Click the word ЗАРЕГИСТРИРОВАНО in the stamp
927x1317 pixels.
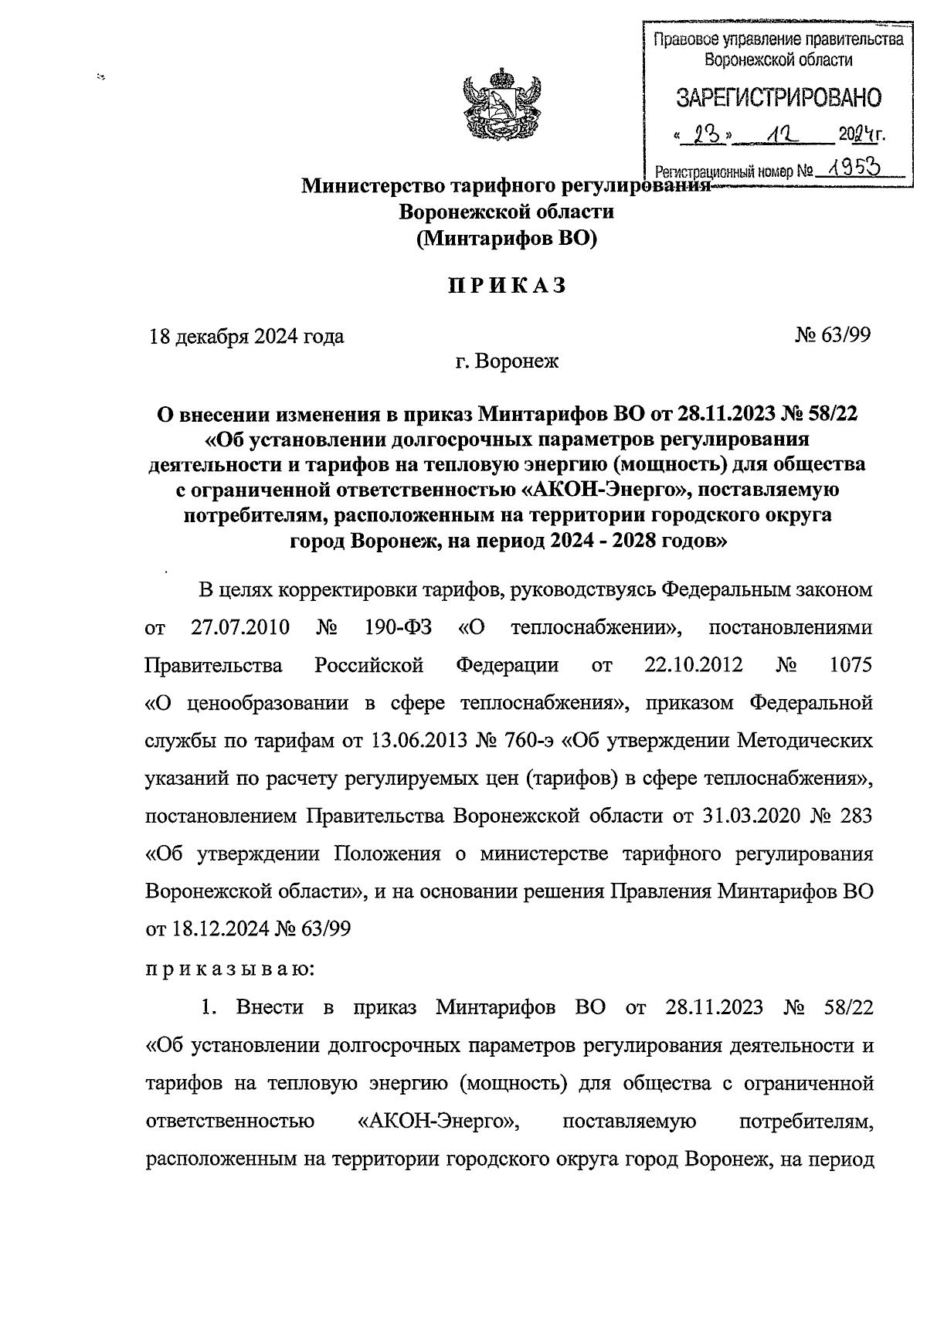778,98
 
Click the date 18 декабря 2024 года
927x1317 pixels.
246,337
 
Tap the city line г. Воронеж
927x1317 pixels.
506,361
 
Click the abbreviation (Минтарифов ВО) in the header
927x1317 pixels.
507,239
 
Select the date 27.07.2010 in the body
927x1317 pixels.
239,627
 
